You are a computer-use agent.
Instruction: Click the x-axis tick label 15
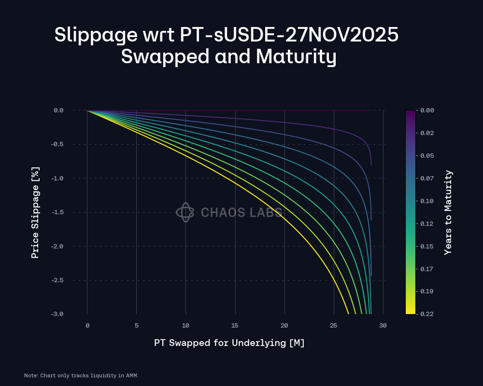pyautogui.click(x=235, y=326)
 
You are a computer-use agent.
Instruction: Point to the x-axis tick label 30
pyautogui.click(x=383, y=326)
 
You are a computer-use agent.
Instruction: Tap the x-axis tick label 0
pyautogui.click(x=87, y=326)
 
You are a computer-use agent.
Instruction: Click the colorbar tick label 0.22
pyautogui.click(x=427, y=314)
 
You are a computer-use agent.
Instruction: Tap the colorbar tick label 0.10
pyautogui.click(x=427, y=201)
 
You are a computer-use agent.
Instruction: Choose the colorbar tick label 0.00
pyautogui.click(x=427, y=110)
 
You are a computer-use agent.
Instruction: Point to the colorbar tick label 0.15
pyautogui.click(x=427, y=246)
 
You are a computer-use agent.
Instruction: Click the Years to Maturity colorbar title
pyautogui.click(x=449, y=212)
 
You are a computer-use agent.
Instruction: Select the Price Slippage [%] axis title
pyautogui.click(x=35, y=212)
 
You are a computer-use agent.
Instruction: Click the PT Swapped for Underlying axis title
pyautogui.click(x=229, y=343)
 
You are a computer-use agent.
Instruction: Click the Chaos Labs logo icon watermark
pyautogui.click(x=185, y=212)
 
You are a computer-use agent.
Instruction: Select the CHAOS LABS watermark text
pyautogui.click(x=241, y=212)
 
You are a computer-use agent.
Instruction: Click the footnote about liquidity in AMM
pyautogui.click(x=81, y=375)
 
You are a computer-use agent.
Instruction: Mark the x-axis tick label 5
pyautogui.click(x=137, y=326)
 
